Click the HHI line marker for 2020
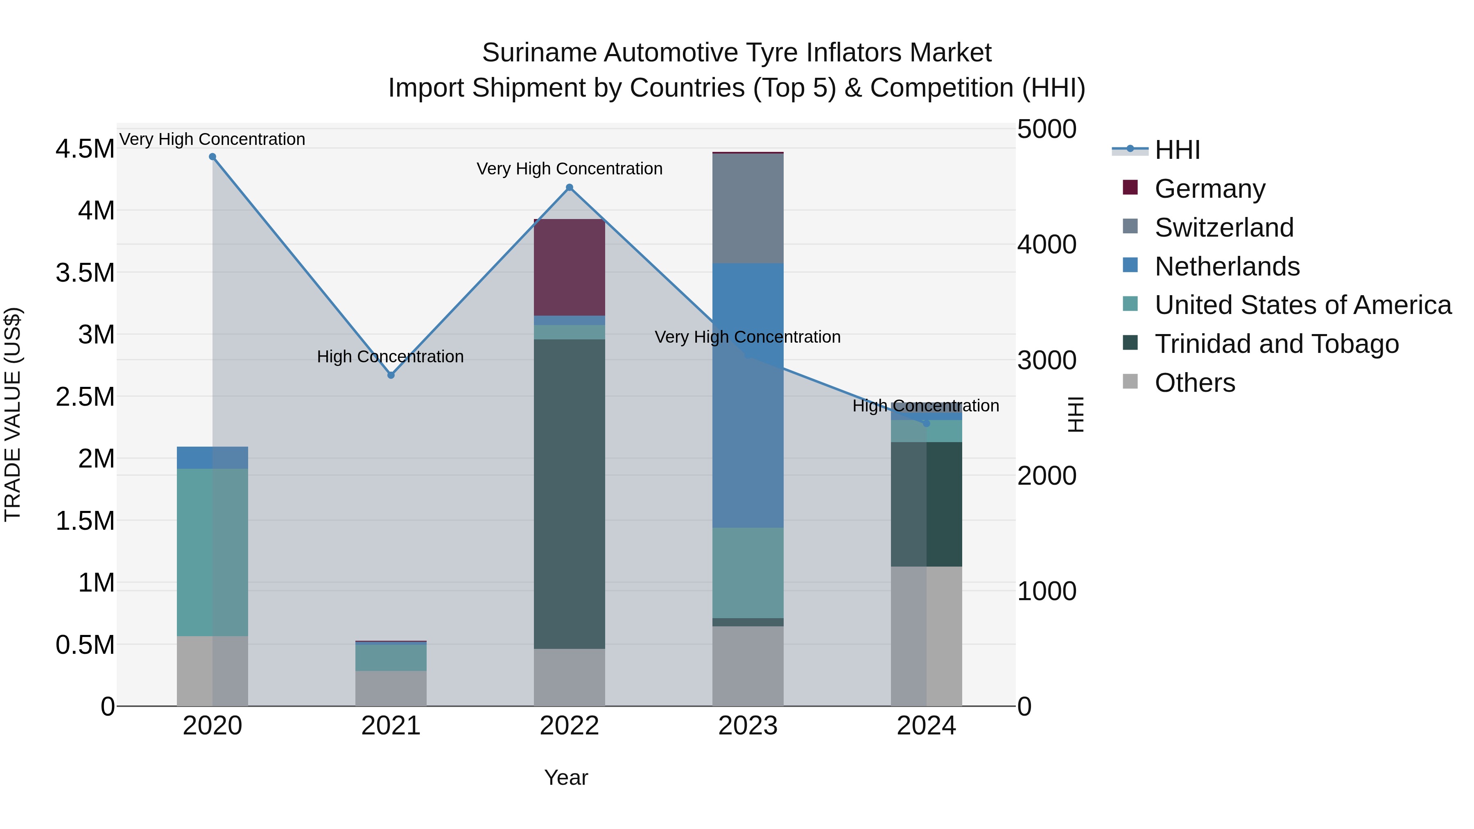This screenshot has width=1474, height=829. [x=212, y=157]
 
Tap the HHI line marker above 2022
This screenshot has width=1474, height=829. [x=570, y=187]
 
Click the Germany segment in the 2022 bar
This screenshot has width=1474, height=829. [x=570, y=267]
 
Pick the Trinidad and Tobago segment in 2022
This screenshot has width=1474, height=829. [x=570, y=494]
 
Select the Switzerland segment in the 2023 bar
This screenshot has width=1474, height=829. [x=748, y=208]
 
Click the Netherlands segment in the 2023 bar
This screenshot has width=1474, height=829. [x=748, y=395]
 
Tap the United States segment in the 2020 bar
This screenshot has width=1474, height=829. [x=212, y=552]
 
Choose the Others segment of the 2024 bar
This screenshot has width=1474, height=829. [x=927, y=636]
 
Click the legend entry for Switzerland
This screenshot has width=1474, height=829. [x=1223, y=228]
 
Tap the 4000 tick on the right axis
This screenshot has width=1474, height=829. [x=1047, y=245]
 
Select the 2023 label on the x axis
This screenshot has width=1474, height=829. [x=748, y=726]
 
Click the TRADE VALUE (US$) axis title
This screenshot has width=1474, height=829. [x=13, y=414]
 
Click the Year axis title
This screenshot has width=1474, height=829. [x=566, y=777]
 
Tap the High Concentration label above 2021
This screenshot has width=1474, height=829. [x=390, y=357]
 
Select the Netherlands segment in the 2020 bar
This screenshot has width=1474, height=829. [x=212, y=458]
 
